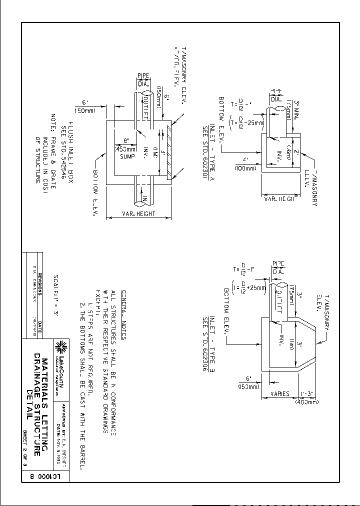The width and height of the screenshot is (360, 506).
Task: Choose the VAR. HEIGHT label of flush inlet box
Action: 139,214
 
